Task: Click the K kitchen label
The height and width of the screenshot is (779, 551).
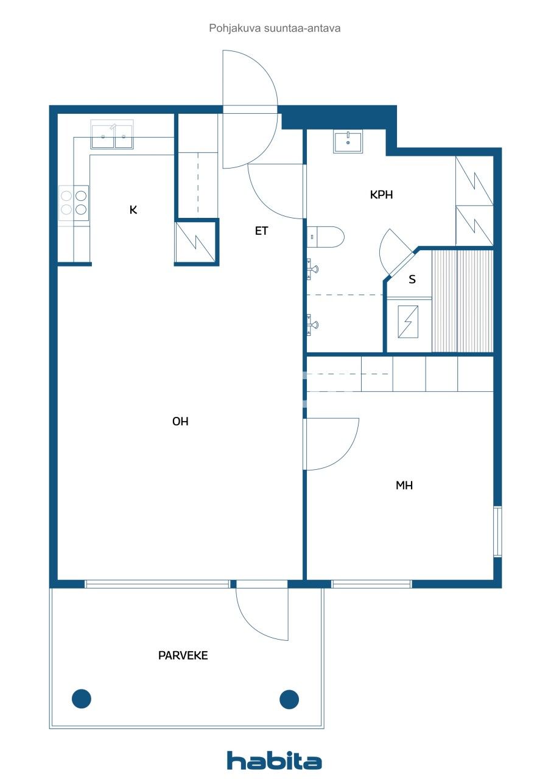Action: click(x=133, y=210)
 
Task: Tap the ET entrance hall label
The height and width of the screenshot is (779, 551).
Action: click(x=262, y=231)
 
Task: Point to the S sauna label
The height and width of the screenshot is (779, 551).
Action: click(x=412, y=279)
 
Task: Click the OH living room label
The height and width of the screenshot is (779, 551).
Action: click(x=180, y=422)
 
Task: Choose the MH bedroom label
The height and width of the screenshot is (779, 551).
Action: click(x=404, y=486)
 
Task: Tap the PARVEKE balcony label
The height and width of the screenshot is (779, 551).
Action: click(x=183, y=655)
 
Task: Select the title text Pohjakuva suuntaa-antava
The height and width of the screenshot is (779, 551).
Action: click(x=275, y=28)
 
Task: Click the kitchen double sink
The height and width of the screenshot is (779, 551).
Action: click(x=111, y=134)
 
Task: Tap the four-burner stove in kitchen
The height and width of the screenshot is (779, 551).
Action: click(x=74, y=203)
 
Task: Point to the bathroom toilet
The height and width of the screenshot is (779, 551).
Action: click(x=325, y=237)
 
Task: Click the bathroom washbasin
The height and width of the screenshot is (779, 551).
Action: click(x=348, y=141)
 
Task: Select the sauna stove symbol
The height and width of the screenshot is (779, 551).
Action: click(x=408, y=322)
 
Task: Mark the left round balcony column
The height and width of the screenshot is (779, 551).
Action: click(x=82, y=699)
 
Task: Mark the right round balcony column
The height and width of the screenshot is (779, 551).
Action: click(x=289, y=699)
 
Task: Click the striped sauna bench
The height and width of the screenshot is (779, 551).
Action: click(x=462, y=301)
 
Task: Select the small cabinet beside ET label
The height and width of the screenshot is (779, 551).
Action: click(x=195, y=242)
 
